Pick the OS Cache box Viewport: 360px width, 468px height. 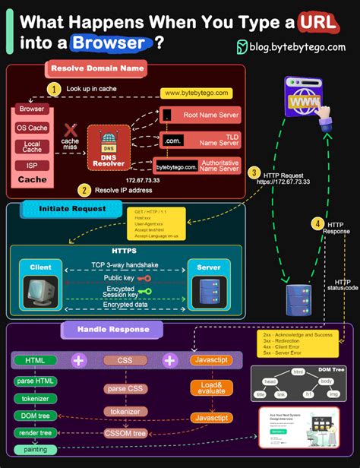pyautogui.click(x=32, y=128)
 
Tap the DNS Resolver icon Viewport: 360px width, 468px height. pyautogui.click(x=109, y=143)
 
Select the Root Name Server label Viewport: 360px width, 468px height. pyautogui.click(x=210, y=115)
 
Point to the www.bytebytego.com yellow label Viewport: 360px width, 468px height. pyautogui.click(x=195, y=93)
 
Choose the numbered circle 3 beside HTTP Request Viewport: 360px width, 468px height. pyautogui.click(x=254, y=172)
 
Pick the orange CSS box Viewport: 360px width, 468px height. pyautogui.click(x=124, y=360)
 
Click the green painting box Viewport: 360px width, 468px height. pyautogui.click(x=35, y=449)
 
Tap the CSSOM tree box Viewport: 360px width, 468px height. pyautogui.click(x=124, y=434)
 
